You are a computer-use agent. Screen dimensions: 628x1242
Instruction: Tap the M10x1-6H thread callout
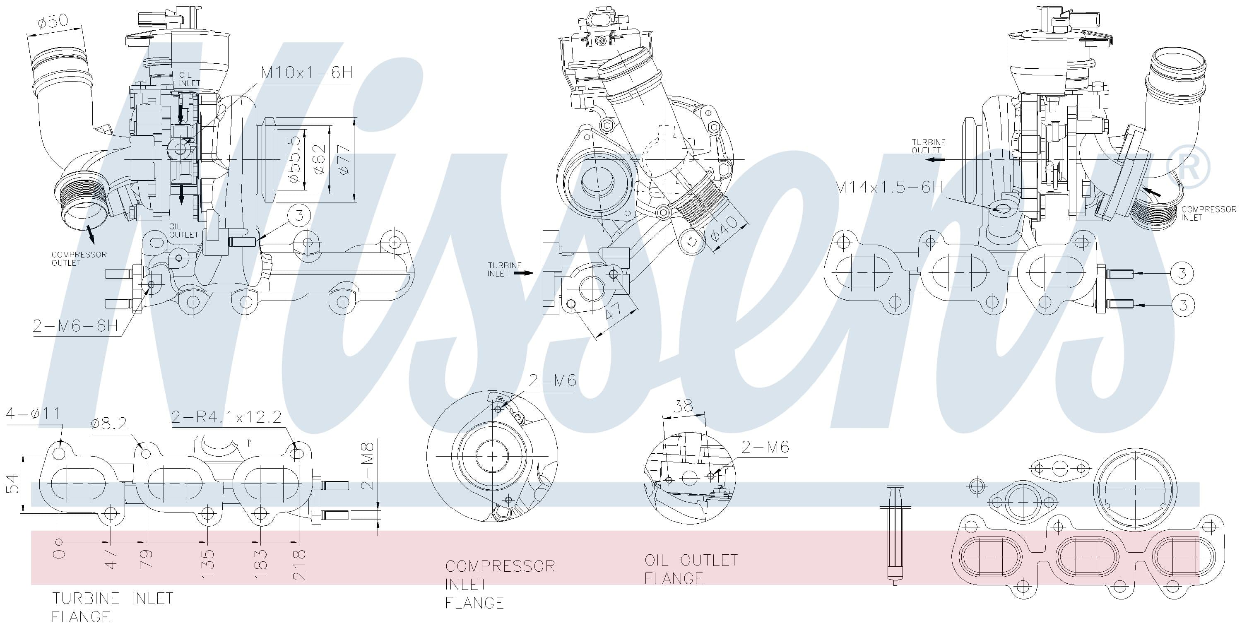coord(307,73)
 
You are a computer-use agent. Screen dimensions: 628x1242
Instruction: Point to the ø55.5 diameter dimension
coord(295,159)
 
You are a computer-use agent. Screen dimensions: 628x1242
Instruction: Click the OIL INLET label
coord(189,79)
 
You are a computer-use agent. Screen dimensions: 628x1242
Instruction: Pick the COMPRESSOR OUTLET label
coord(79,258)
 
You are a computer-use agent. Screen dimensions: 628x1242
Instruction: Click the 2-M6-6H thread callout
coord(75,326)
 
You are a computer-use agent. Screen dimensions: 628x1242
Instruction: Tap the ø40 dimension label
coord(724,229)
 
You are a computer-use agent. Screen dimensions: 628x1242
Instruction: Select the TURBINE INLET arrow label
coord(504,269)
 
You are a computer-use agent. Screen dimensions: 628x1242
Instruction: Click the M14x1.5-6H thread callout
coord(888,187)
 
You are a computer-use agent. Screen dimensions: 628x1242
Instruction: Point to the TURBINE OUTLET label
coord(928,146)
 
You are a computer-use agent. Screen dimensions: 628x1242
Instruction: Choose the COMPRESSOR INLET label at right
coord(1208,213)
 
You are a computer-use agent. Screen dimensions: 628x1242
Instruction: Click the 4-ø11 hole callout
coord(33,414)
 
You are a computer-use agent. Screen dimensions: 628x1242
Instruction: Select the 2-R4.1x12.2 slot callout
coord(226,417)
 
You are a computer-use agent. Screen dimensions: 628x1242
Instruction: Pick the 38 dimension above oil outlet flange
coord(683,406)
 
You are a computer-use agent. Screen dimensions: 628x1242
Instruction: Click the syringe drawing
coord(895,535)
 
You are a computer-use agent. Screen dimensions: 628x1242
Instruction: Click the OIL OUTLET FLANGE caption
coord(691,569)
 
